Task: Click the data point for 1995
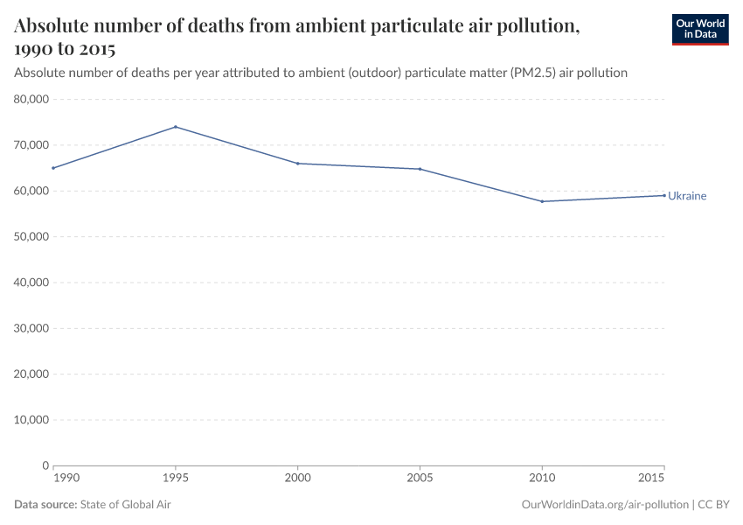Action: pyautogui.click(x=176, y=127)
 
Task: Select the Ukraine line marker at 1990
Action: pyautogui.click(x=53, y=168)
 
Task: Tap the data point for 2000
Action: pyautogui.click(x=298, y=164)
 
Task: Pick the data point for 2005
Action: pyautogui.click(x=420, y=169)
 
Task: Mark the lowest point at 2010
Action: pyautogui.click(x=542, y=201)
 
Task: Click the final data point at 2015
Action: pyautogui.click(x=664, y=195)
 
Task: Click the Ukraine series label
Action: pyautogui.click(x=687, y=196)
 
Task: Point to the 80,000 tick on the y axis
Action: pyautogui.click(x=31, y=100)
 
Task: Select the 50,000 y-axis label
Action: pyautogui.click(x=31, y=237)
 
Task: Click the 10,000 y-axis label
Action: pyautogui.click(x=31, y=420)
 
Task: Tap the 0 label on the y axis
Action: pyautogui.click(x=45, y=465)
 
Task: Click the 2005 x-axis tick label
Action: pyautogui.click(x=420, y=480)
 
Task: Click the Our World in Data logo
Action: pyautogui.click(x=699, y=29)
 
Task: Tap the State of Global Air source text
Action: pyautogui.click(x=125, y=505)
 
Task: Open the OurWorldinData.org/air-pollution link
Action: pyautogui.click(x=604, y=505)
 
